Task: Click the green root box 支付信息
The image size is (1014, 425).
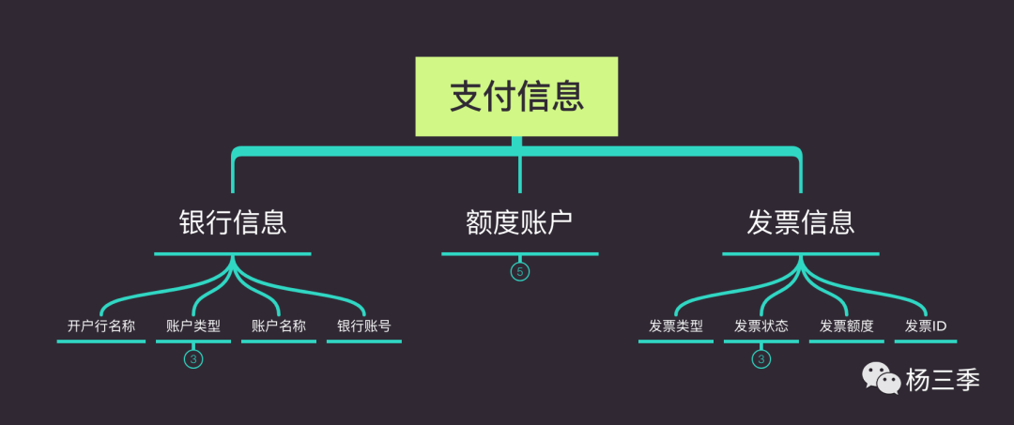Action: click(516, 97)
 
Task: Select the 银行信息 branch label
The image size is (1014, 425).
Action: click(232, 222)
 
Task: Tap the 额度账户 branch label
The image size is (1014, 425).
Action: click(519, 222)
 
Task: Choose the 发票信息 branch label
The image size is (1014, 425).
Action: click(801, 222)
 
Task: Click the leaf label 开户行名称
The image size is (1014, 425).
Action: click(101, 326)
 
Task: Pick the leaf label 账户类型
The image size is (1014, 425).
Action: click(193, 326)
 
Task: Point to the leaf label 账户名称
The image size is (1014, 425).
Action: click(279, 326)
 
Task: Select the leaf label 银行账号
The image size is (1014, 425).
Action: click(364, 326)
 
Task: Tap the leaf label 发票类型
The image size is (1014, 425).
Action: click(676, 326)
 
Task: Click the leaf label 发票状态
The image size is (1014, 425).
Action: click(761, 326)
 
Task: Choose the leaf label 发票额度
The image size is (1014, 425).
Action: click(847, 326)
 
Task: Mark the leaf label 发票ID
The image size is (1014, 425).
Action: click(926, 326)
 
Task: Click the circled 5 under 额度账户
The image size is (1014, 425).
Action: click(520, 272)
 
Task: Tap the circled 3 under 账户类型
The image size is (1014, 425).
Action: click(193, 358)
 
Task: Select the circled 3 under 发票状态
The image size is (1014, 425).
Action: click(761, 358)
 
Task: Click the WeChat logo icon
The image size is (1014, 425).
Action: click(882, 379)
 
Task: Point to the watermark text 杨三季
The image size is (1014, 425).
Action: click(943, 380)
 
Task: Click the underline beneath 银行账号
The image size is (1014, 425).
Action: click(364, 342)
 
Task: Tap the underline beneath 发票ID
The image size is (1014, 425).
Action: click(926, 342)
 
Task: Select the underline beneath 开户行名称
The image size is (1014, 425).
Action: click(101, 342)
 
